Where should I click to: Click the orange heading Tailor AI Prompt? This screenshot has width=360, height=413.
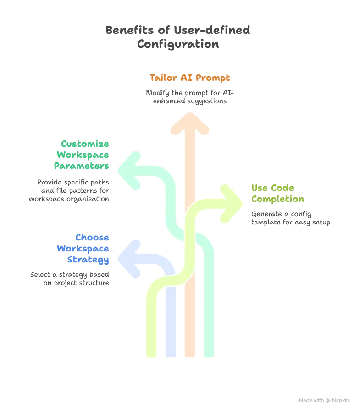pyautogui.click(x=190, y=78)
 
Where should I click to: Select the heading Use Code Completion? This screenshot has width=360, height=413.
pyautogui.click(x=277, y=194)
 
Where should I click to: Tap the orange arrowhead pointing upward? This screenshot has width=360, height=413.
pyautogui.click(x=190, y=123)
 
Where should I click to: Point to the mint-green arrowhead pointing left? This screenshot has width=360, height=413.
pyautogui.click(x=130, y=169)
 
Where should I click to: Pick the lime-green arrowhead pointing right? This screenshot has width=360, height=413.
pyautogui.click(x=232, y=203)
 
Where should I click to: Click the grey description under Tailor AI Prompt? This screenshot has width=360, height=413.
pyautogui.click(x=189, y=97)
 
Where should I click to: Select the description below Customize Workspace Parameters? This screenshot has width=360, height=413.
pyautogui.click(x=69, y=189)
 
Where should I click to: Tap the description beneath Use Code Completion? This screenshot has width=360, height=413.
pyautogui.click(x=289, y=218)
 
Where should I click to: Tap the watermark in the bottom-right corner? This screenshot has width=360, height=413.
pyautogui.click(x=324, y=400)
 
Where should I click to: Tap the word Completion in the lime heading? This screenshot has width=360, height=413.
pyautogui.click(x=277, y=200)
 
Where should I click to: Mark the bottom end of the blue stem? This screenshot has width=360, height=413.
pyautogui.click(x=171, y=354)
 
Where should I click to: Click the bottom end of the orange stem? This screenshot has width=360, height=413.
pyautogui.click(x=190, y=354)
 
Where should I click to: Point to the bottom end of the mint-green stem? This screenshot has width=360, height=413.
pyautogui.click(x=210, y=354)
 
